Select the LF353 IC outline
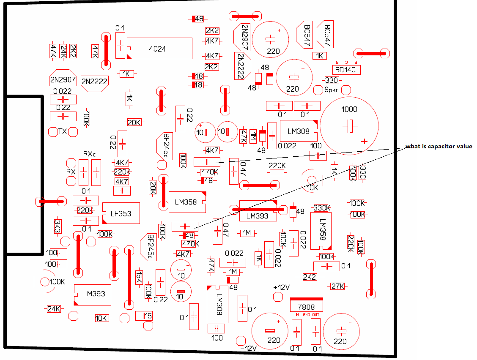coord(121,214)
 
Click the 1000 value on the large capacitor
coord(349,109)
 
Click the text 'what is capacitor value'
coord(439,147)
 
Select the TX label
coord(63,131)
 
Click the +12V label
coord(281,287)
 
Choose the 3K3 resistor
coord(57,226)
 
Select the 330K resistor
coord(322,208)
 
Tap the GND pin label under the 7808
coord(307,315)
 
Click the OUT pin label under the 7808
coord(316,315)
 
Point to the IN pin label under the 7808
coord(297,315)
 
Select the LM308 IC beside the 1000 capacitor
coord(298,131)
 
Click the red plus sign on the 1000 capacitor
coord(365,141)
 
